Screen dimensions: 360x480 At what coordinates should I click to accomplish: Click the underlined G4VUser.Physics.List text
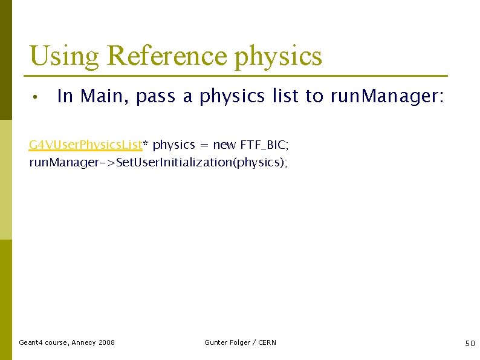click(85, 145)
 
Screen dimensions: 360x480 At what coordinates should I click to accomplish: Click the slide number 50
click(470, 343)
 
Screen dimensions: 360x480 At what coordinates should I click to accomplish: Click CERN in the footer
click(267, 342)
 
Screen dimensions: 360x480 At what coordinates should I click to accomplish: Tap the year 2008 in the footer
click(106, 342)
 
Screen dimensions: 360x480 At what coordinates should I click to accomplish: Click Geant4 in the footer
click(31, 342)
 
